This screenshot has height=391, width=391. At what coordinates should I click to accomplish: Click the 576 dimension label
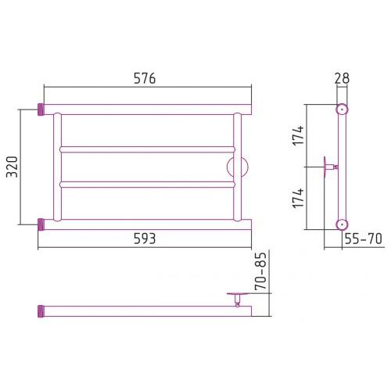tap(145, 78)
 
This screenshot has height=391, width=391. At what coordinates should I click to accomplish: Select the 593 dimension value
tap(145, 239)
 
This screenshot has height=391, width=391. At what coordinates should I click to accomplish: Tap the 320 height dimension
tap(12, 167)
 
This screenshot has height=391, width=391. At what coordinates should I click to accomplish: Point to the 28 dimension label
tap(342, 78)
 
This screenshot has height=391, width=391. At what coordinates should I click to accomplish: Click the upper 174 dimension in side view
tap(298, 135)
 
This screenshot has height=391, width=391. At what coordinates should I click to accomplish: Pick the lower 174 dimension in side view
tap(298, 198)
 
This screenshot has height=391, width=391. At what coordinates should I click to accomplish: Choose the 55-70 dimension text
tap(364, 239)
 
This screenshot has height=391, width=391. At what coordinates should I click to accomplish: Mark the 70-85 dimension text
tap(261, 271)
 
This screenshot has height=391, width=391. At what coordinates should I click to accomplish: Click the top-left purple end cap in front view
tap(41, 109)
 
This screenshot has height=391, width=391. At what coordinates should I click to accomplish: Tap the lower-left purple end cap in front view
tap(41, 224)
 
